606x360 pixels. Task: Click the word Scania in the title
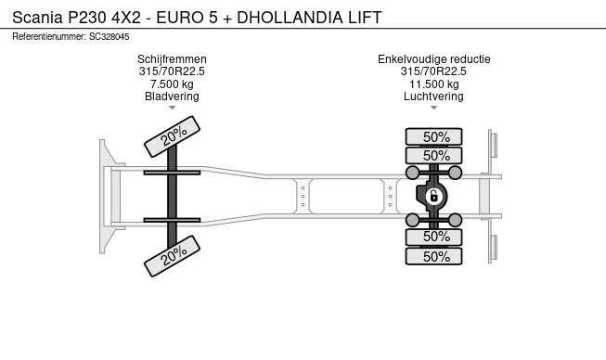pos(37,18)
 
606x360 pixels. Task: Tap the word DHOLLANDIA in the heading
pos(290,18)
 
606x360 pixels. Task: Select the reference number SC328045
pos(110,37)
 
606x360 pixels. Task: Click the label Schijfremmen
pos(172,59)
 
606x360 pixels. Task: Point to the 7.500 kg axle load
pos(172,84)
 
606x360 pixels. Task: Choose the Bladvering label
pos(172,96)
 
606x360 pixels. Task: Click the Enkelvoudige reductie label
pos(434,59)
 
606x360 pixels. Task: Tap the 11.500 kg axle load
pos(434,84)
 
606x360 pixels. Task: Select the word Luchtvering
pos(433,96)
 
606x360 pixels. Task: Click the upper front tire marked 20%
pos(172,136)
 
